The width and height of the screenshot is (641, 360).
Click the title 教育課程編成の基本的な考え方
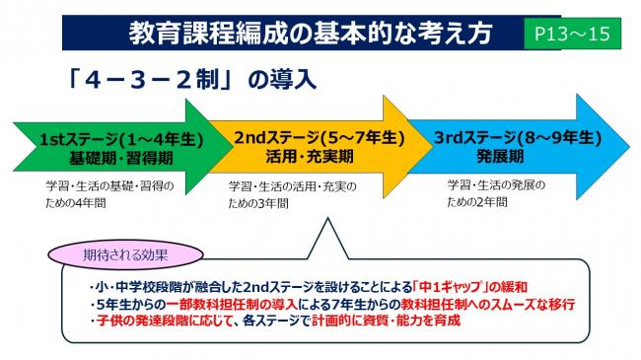pos(311,32)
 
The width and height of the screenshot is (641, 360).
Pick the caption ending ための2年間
pos(477,201)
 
